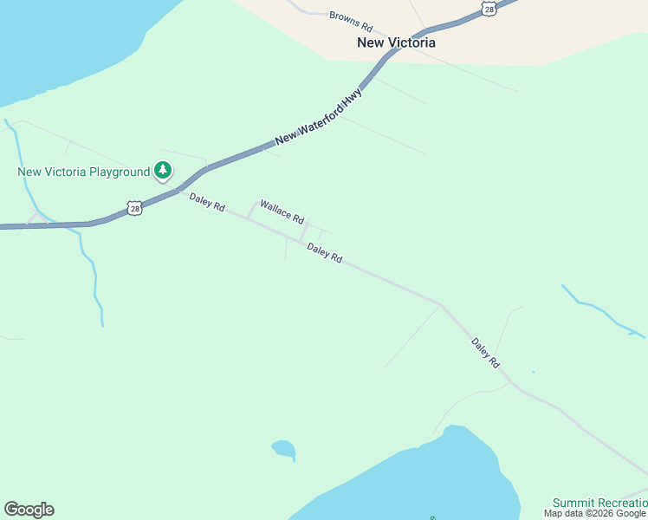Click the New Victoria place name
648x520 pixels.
coord(396,42)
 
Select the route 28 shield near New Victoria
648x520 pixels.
coord(489,8)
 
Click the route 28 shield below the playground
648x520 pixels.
coord(134,208)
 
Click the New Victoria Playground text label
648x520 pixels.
coord(84,172)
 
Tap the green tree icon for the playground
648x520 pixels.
coord(163,171)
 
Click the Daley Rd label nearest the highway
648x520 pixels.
coord(207,203)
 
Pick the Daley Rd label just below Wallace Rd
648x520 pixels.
coord(325,253)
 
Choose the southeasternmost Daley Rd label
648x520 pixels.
coord(486,354)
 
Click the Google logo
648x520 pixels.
coord(29,510)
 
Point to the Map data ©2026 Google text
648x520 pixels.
coord(595,513)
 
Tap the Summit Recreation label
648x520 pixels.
coord(599,503)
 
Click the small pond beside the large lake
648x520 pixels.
coord(283,449)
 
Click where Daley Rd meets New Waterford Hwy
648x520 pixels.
coord(178,191)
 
